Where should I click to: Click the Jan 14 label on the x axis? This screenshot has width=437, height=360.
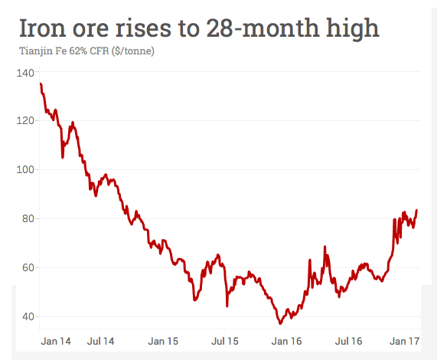point(56,340)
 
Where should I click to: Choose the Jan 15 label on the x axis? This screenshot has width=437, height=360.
point(164,340)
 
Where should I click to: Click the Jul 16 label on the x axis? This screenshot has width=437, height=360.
point(348,340)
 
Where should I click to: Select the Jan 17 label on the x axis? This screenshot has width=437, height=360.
point(403,340)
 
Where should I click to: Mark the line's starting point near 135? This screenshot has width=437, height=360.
point(41,83)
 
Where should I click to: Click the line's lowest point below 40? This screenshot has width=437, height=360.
point(280,323)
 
